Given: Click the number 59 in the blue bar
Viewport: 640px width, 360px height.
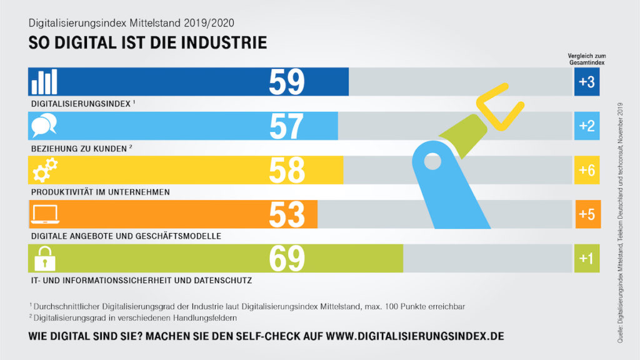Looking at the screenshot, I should click(287, 82).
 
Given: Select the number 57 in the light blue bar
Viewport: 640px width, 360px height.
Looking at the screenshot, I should click(287, 126).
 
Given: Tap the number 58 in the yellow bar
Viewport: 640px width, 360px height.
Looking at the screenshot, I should click(287, 170).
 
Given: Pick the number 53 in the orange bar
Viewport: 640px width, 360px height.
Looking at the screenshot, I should click(287, 214).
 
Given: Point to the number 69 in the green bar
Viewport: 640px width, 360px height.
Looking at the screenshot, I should click(287, 258).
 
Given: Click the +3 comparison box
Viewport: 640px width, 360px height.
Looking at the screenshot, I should click(586, 82).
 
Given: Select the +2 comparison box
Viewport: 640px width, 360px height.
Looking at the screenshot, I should click(586, 126).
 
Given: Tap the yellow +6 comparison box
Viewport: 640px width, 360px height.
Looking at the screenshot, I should click(586, 170).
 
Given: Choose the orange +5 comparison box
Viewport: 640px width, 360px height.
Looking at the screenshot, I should click(586, 214).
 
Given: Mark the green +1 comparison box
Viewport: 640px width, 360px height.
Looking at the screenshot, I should click(586, 258).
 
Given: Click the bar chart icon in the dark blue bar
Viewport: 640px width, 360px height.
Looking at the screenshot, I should click(44, 82).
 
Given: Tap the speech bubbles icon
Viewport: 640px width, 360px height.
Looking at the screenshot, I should click(44, 126).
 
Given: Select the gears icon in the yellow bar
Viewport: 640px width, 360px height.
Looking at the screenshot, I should click(44, 170).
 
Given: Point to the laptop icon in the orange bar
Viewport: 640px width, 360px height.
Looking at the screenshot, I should click(44, 214).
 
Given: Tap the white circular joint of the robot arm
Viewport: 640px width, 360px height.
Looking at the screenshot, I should click(431, 162).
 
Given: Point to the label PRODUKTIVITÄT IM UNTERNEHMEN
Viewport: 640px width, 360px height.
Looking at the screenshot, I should click(100, 192).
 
